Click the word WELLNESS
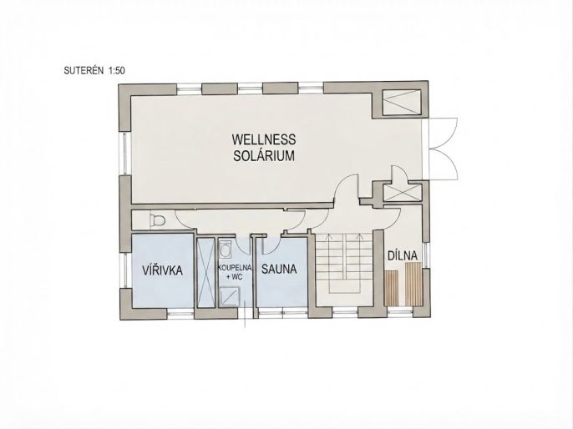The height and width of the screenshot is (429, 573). [x=263, y=139]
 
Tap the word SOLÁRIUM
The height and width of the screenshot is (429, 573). [x=264, y=156]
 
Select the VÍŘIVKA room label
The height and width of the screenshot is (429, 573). [x=162, y=270]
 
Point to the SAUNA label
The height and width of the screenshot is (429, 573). [x=279, y=270]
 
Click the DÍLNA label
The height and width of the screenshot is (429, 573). [x=403, y=255]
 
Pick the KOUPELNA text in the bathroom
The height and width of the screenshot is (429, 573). [x=235, y=268]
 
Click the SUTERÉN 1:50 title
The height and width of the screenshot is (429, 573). [x=94, y=70]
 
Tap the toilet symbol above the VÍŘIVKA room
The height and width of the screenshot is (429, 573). [x=158, y=220]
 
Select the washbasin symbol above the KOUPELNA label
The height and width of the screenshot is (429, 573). [x=226, y=250]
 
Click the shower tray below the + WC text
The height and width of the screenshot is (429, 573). [x=229, y=296]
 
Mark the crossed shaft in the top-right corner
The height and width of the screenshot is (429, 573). [x=401, y=102]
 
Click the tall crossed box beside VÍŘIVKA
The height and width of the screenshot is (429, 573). [x=205, y=273]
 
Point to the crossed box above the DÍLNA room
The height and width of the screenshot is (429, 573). [x=403, y=193]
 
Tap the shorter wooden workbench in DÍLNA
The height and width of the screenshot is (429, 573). [x=391, y=288]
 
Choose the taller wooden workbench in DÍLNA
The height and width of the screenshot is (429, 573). [x=413, y=284]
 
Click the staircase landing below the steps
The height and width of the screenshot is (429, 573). [x=344, y=300]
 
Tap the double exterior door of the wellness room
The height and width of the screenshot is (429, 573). [x=440, y=149]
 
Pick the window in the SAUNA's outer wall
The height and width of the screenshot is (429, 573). [x=282, y=312]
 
